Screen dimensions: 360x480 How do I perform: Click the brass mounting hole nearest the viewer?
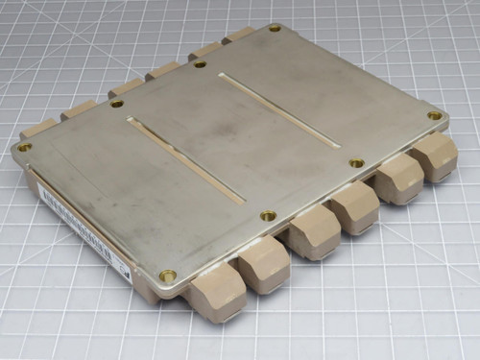168,275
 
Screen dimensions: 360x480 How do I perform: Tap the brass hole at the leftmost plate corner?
24,147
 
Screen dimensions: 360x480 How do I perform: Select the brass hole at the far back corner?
275,28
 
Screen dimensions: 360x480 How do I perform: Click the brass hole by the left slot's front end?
268,216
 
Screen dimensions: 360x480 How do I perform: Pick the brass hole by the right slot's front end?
356,163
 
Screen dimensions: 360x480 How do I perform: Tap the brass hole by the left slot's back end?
116,103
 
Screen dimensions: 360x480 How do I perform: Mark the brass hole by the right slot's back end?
200,64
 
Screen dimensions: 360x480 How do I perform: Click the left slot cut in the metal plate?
185,159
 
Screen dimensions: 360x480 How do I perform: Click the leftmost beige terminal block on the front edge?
217,292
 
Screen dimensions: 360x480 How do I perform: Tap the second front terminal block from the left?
263,266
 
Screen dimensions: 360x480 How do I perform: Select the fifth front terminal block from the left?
396,179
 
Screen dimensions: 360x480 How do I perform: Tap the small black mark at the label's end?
126,272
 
